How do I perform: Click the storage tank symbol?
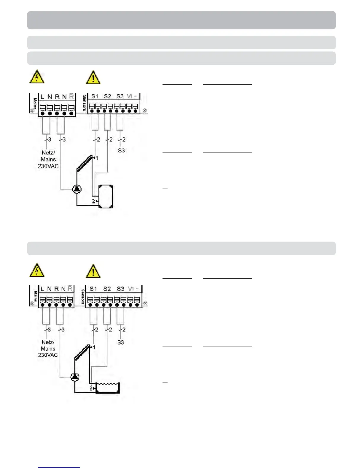point(106,196)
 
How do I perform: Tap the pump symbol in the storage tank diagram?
point(77,189)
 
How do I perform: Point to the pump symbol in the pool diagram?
point(75,377)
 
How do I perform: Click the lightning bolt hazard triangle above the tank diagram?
point(37,77)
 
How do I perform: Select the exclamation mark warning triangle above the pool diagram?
point(93,271)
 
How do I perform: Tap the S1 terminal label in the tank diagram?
point(95,96)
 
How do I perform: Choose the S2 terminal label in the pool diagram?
point(107,289)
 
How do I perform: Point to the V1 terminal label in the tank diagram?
point(130,96)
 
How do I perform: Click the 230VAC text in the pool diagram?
point(48,355)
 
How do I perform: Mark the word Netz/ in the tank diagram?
point(48,153)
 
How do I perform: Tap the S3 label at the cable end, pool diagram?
point(120,342)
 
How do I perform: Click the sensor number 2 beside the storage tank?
point(93,201)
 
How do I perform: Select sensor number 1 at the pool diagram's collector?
point(94,347)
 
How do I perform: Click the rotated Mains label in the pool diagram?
point(35,296)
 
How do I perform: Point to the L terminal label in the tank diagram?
point(42,97)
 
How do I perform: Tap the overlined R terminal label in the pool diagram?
point(70,288)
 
